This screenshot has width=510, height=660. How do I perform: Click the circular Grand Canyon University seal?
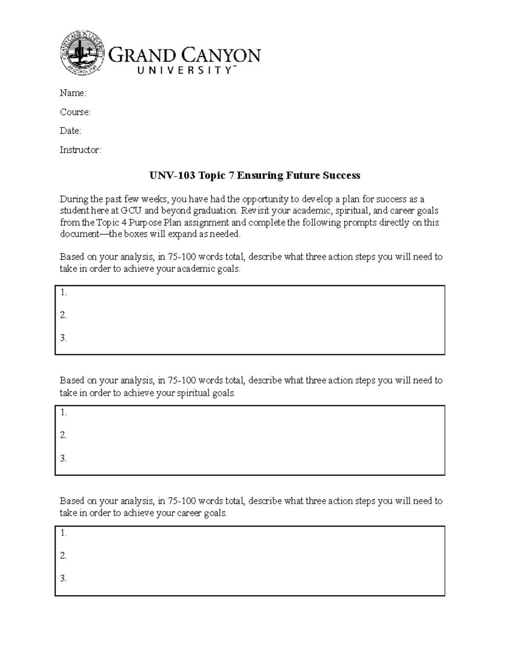(82, 53)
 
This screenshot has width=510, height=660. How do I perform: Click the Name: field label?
(73, 93)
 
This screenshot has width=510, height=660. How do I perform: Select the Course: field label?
(75, 112)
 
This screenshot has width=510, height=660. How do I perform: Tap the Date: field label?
(70, 131)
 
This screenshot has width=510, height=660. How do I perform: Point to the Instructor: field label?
(80, 150)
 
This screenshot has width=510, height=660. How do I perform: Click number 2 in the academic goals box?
(63, 315)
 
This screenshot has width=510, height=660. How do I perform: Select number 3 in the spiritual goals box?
(63, 459)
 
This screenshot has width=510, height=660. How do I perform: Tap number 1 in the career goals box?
(63, 533)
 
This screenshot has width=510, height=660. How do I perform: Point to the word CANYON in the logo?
(221, 56)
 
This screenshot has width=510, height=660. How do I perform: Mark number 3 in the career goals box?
(63, 579)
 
